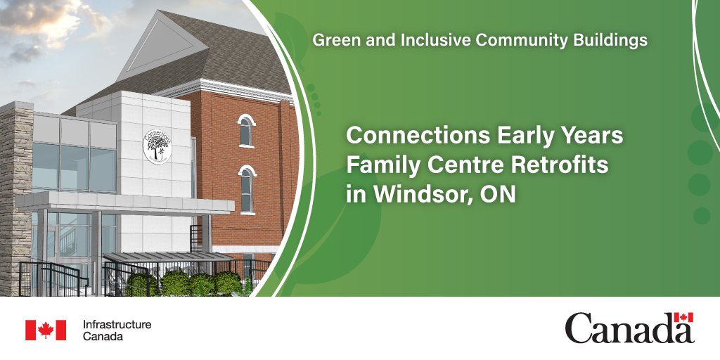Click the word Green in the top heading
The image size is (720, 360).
pyautogui.click(x=333, y=41)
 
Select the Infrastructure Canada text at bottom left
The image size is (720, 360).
pyautogui.click(x=117, y=330)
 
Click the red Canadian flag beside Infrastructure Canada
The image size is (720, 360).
pyautogui.click(x=46, y=330)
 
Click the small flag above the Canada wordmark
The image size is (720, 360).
pyautogui.click(x=683, y=317)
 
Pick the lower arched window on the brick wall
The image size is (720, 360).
pyautogui.click(x=246, y=188)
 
